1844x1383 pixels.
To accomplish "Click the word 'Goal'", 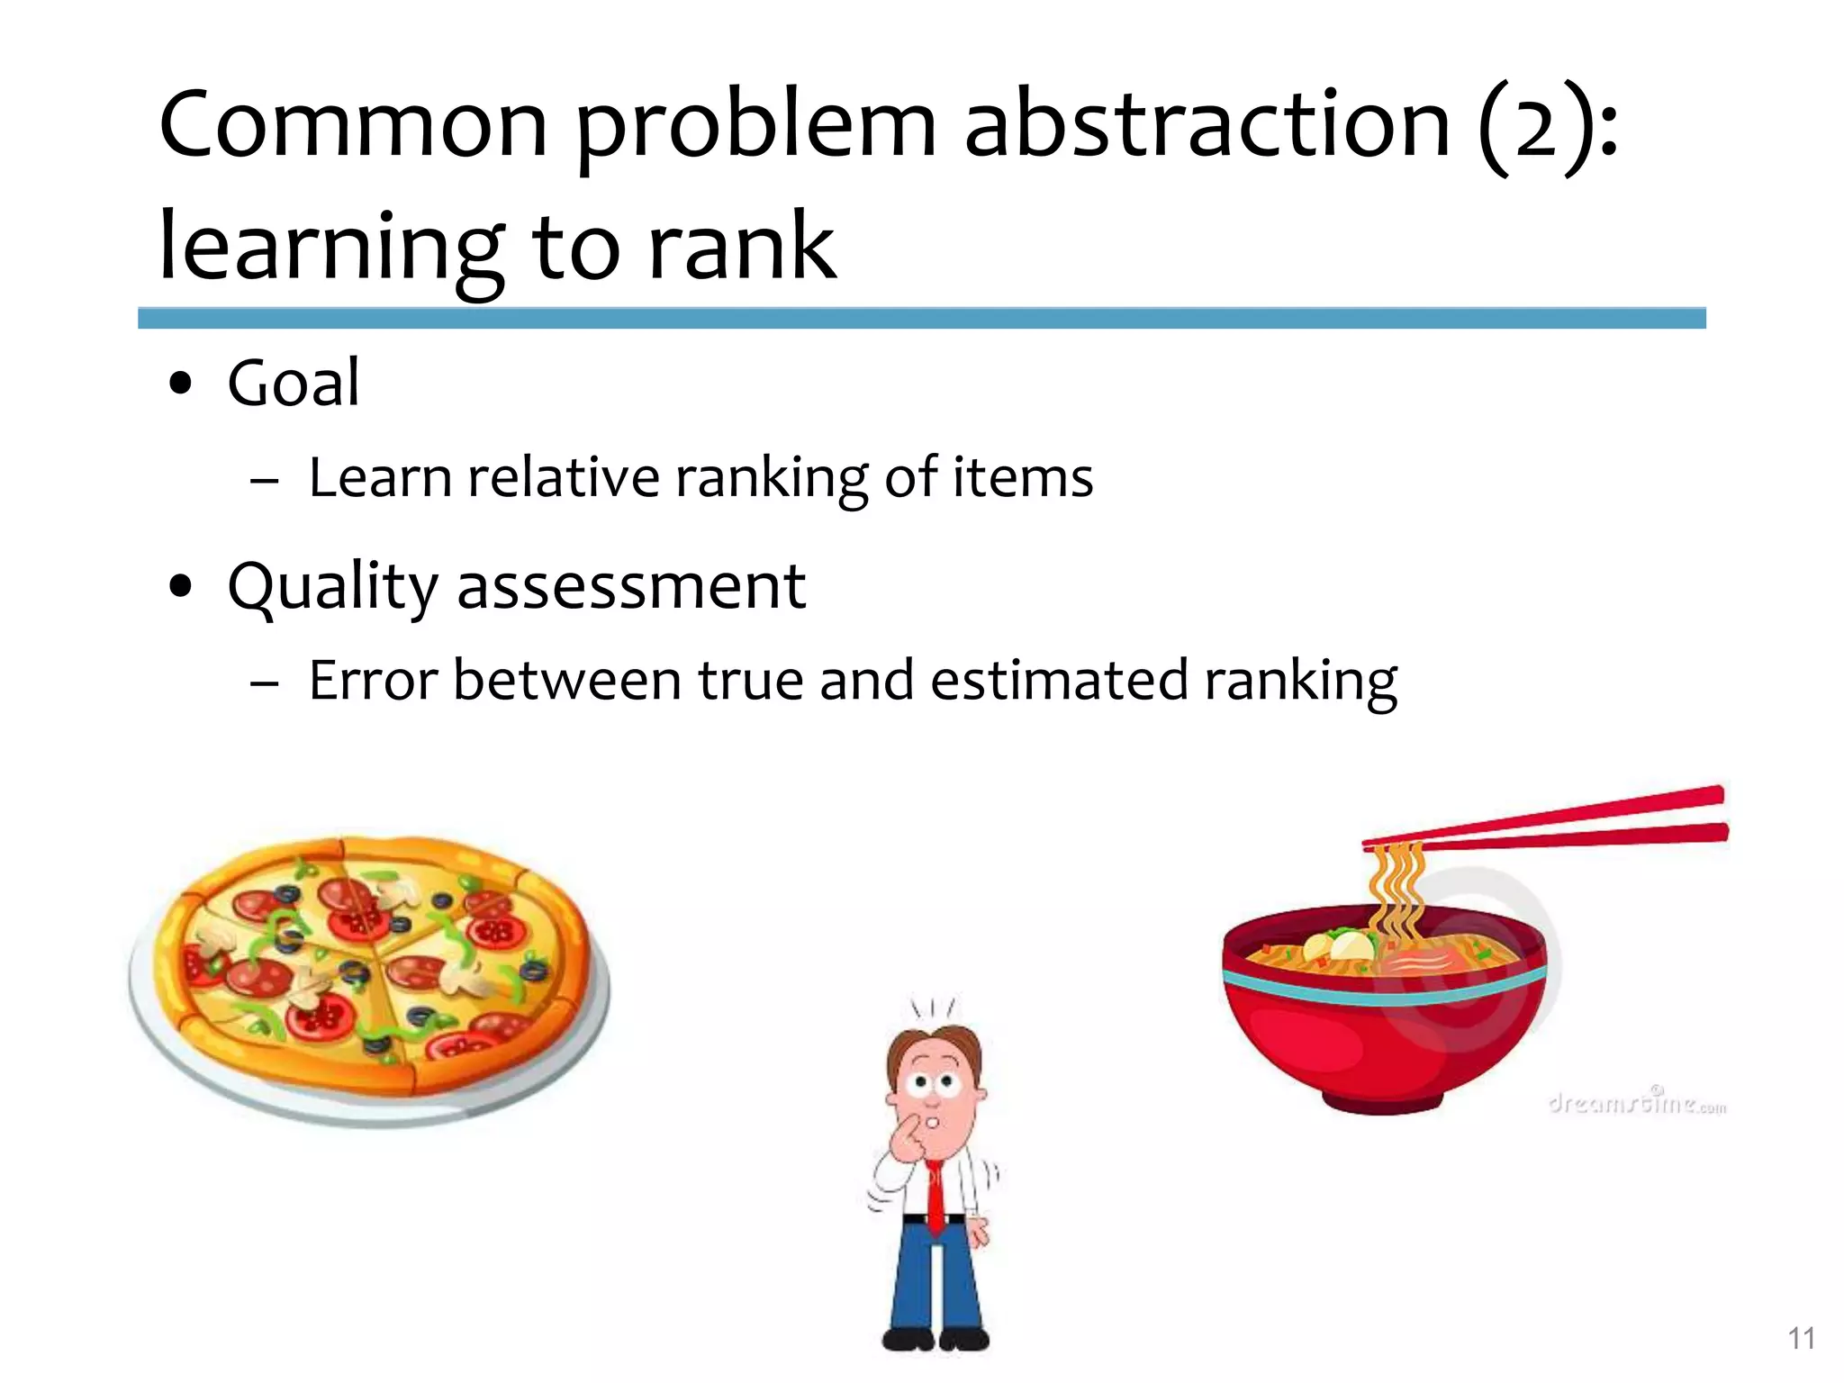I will tap(294, 383).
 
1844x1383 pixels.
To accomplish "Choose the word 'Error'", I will tap(373, 680).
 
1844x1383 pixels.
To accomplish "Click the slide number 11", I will tap(1801, 1339).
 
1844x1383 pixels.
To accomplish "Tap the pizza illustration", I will tap(369, 972).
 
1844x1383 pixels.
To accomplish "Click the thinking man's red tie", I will tap(936, 1198).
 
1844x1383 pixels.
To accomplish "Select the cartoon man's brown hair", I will tap(936, 1044).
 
